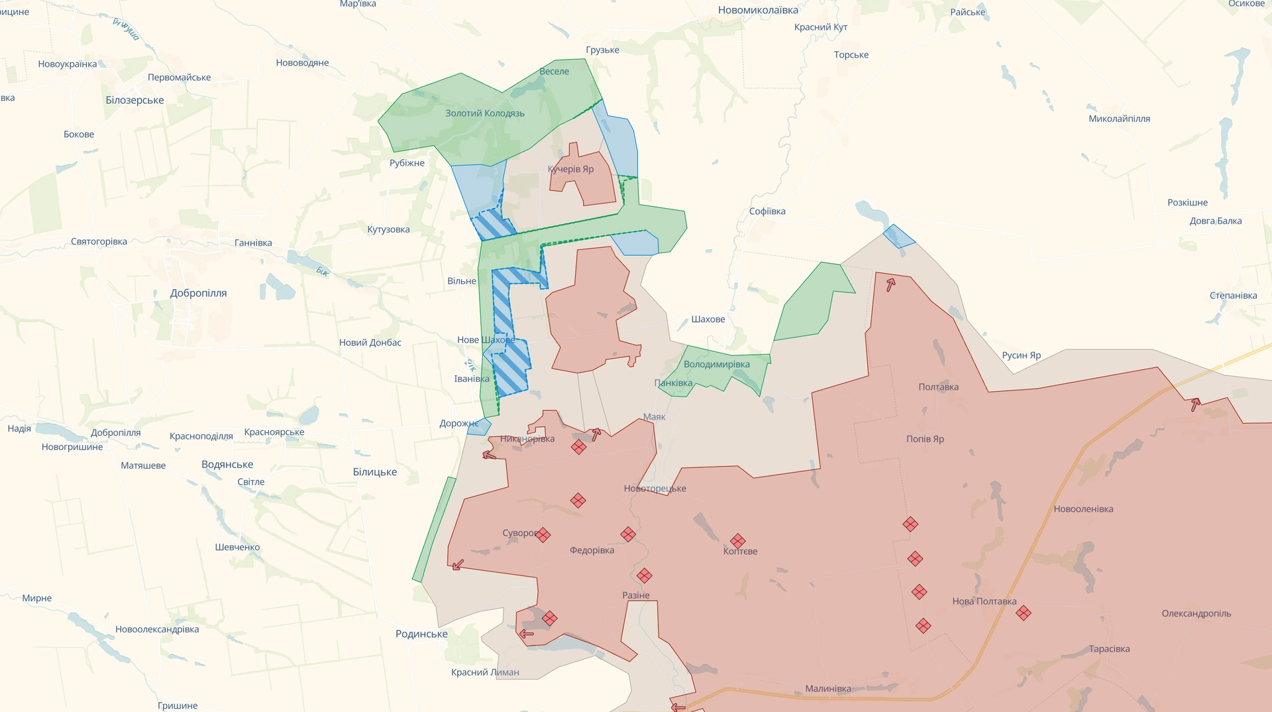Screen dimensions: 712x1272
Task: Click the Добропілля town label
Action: point(198,293)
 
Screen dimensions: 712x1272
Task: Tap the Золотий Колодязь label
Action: point(484,113)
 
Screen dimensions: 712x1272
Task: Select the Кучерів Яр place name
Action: point(570,169)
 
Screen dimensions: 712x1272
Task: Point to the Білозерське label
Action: point(134,100)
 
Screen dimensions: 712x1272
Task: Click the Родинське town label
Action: point(421,634)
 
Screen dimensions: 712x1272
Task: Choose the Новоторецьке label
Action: point(655,489)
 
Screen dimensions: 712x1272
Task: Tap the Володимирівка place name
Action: point(716,364)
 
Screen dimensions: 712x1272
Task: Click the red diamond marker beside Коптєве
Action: point(737,541)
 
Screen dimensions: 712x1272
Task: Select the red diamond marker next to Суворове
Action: point(543,534)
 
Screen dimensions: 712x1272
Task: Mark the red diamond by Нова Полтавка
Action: point(1023,613)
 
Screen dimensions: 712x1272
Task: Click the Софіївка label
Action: point(767,211)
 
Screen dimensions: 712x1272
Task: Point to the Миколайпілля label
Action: point(1119,119)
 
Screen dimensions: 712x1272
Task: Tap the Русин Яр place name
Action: point(1021,355)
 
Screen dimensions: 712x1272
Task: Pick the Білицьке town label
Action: point(374,472)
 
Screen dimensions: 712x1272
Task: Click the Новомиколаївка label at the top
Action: point(758,10)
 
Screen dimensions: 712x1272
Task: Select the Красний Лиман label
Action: point(485,672)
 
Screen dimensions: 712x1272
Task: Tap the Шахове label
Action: point(708,320)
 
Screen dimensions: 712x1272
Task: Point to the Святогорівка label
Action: point(99,241)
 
